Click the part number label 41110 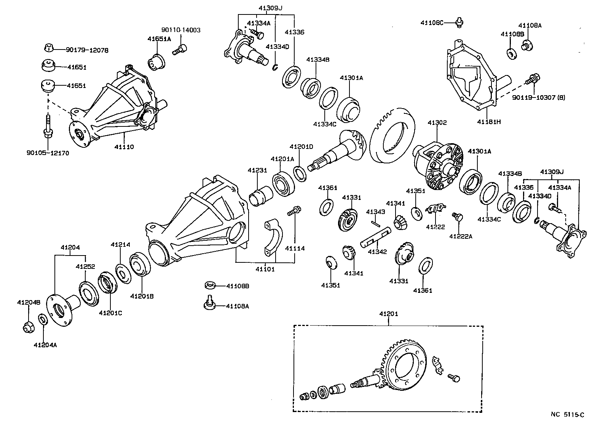[124, 147]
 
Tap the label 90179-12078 [87, 50]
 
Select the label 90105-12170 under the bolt [48, 153]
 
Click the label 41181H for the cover [489, 122]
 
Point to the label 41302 [437, 123]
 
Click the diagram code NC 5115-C [567, 415]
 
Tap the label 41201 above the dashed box [388, 314]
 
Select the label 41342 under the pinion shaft [377, 252]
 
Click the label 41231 [257, 170]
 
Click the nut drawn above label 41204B [27, 327]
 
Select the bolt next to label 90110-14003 [179, 50]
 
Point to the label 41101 [265, 269]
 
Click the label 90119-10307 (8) [538, 97]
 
